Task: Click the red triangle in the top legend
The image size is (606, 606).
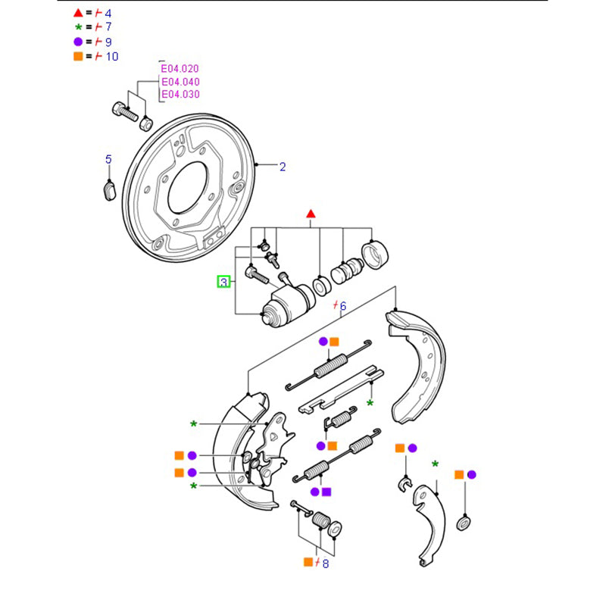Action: (78, 14)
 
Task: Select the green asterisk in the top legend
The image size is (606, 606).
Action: (78, 27)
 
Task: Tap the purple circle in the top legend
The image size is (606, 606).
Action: (78, 42)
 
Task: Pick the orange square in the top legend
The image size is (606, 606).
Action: (78, 56)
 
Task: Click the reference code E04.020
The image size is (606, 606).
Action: (180, 68)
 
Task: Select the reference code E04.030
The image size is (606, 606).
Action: (180, 94)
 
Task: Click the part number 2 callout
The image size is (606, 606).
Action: (283, 167)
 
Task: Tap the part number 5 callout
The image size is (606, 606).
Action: (108, 159)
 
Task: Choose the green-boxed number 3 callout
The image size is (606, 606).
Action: (223, 282)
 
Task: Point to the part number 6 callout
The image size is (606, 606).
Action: (342, 306)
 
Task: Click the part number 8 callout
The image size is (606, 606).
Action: (326, 563)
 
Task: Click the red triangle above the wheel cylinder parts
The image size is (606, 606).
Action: (310, 215)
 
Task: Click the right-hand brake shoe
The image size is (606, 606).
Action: (420, 364)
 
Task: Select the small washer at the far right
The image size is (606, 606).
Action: (463, 523)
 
